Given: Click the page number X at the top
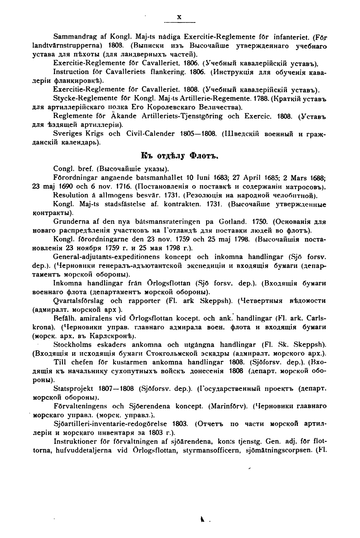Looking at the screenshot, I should (179, 17).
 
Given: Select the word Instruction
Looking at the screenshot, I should (71, 72).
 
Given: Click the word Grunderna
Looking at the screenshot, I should (71, 222).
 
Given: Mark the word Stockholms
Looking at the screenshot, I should (72, 345).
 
